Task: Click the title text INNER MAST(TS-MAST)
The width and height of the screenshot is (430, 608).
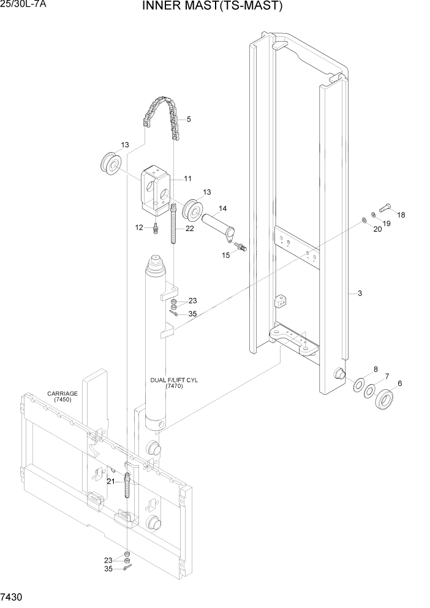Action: click(x=213, y=7)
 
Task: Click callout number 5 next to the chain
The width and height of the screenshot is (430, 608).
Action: click(x=188, y=119)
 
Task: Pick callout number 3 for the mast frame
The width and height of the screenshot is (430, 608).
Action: click(x=360, y=294)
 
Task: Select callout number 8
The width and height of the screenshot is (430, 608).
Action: click(x=375, y=369)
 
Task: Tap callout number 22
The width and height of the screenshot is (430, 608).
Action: click(x=190, y=229)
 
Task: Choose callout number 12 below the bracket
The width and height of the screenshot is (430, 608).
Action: click(x=139, y=227)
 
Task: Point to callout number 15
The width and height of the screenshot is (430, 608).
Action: click(x=226, y=254)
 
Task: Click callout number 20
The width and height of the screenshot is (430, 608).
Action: click(x=377, y=229)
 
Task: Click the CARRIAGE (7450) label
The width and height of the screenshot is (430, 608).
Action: click(x=62, y=397)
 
